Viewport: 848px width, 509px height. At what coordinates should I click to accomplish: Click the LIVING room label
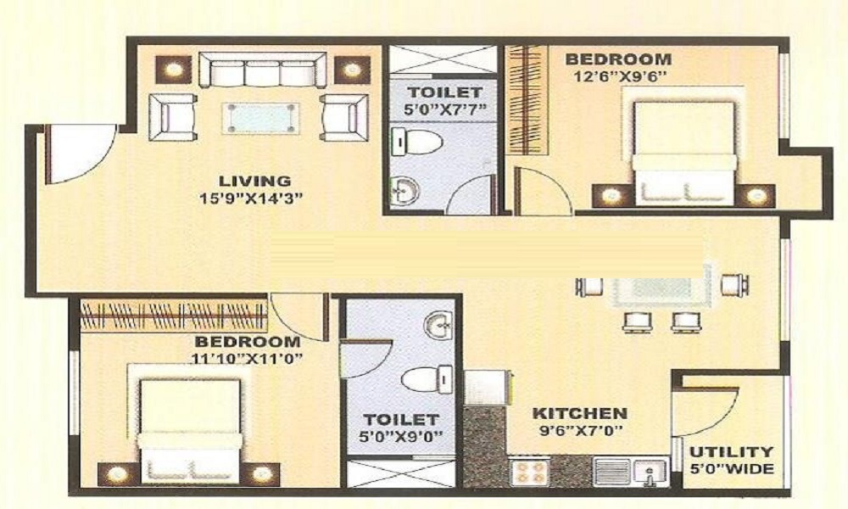click(x=254, y=181)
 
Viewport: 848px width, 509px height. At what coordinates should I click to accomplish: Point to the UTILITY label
click(x=730, y=452)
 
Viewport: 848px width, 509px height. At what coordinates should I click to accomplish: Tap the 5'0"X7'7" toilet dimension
click(x=444, y=109)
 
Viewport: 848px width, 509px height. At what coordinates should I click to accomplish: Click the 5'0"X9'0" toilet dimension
click(x=400, y=438)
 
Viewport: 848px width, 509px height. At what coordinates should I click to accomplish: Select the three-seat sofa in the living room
click(x=262, y=69)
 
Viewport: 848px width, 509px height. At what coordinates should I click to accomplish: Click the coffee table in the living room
click(x=261, y=118)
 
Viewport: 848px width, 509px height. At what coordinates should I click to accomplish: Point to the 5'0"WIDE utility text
click(x=731, y=469)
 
